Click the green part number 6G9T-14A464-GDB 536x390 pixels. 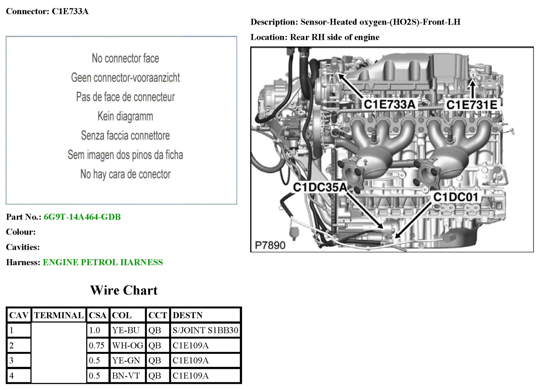(82, 217)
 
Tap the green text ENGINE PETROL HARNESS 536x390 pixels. (103, 262)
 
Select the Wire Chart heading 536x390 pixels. (124, 290)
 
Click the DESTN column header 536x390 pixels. (188, 315)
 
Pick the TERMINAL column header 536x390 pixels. (59, 315)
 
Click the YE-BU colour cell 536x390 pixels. (126, 330)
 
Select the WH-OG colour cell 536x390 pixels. (127, 345)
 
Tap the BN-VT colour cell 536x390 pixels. (126, 376)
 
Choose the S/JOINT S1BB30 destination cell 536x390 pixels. (205, 330)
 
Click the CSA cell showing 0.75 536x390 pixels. (97, 345)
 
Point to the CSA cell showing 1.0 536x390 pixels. (95, 330)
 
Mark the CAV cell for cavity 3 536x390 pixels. (19, 360)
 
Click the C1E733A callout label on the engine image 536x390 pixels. (389, 104)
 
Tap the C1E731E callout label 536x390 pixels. (472, 105)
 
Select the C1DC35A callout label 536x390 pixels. (320, 188)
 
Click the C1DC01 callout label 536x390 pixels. (455, 197)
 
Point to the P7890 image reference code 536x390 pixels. (270, 245)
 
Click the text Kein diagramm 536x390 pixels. (125, 116)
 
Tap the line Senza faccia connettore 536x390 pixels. (125, 135)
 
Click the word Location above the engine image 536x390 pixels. (269, 37)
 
